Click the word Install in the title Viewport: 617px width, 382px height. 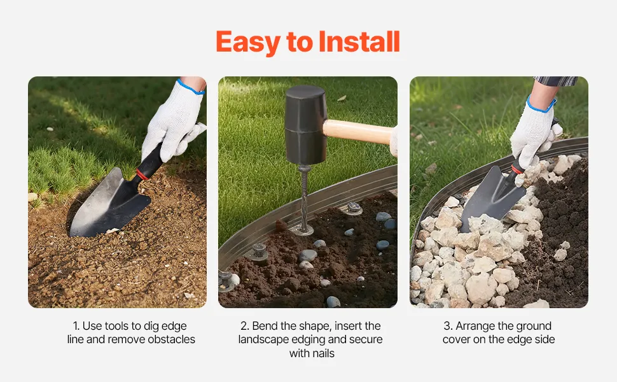(x=359, y=41)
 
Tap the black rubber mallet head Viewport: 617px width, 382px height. (x=306, y=125)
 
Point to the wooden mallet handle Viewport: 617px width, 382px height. (x=358, y=132)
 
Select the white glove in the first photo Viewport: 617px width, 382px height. (x=173, y=122)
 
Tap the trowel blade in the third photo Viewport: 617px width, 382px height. (x=492, y=197)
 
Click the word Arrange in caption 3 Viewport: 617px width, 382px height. (x=474, y=326)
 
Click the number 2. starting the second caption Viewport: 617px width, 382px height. (x=245, y=326)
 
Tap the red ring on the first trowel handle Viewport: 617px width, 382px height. (x=142, y=174)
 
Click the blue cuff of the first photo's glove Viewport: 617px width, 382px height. (x=190, y=87)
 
